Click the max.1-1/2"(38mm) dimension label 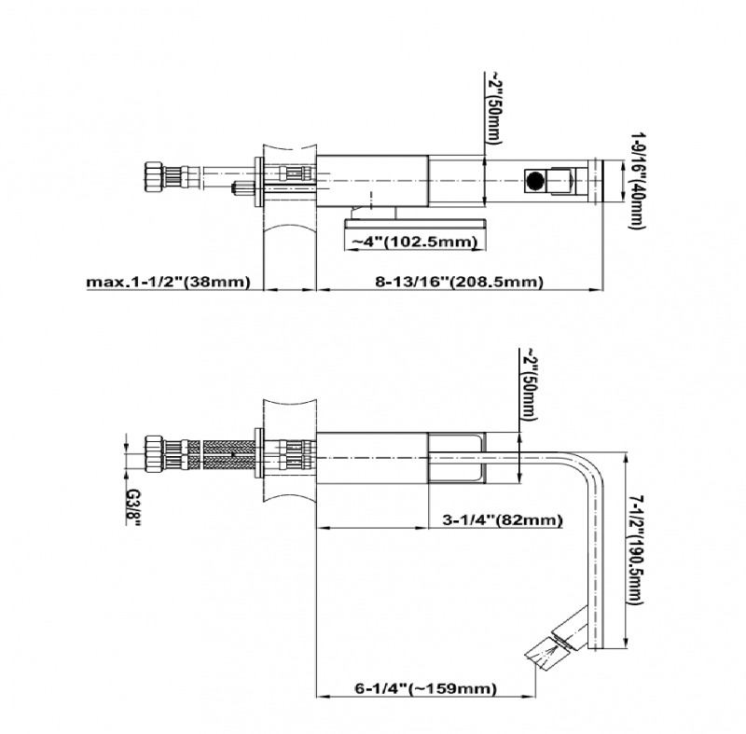tap(169, 281)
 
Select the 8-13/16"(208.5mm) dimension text tap(461, 281)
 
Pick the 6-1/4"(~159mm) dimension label tap(425, 688)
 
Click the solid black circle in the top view tap(536, 181)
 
